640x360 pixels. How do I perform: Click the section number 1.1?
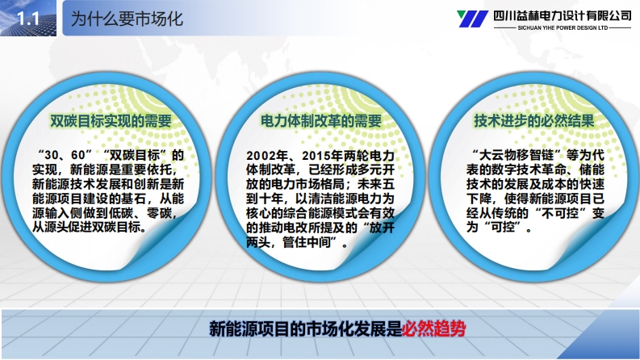(28, 19)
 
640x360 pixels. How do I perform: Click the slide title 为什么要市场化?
(127, 19)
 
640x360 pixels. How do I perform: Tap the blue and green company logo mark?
(472, 19)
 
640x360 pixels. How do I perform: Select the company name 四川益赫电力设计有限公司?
(563, 15)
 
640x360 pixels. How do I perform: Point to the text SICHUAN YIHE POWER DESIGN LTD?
(563, 27)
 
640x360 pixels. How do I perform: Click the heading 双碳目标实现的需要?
(111, 121)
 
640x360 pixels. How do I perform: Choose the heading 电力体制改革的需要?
(321, 121)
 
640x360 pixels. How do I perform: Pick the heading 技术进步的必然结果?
(534, 121)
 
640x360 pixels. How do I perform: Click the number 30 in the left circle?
(52, 155)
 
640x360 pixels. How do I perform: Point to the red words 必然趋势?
(433, 329)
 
